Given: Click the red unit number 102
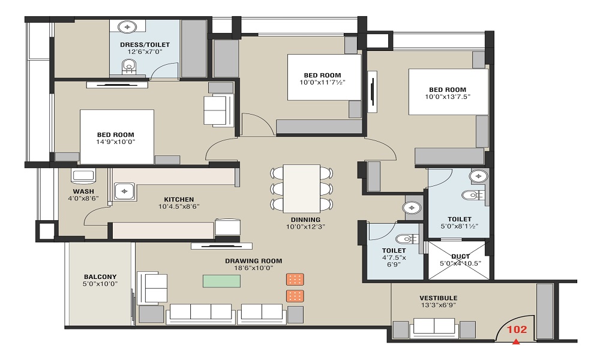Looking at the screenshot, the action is point(517,329).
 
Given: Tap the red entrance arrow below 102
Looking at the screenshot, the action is point(516,341).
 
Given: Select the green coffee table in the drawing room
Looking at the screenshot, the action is point(221,281).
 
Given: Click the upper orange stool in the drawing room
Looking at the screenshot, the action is point(295,279).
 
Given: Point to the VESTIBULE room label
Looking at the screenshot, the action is point(438,298).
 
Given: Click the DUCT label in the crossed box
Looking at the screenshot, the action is point(460,256).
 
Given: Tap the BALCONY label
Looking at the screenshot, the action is point(100,277).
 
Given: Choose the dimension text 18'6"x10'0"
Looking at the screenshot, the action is point(254,268).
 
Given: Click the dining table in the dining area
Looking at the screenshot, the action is point(302,188).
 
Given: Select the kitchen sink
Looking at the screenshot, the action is point(124,191).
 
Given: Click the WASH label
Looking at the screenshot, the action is point(83,191).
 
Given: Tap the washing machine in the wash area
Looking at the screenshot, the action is point(83,175).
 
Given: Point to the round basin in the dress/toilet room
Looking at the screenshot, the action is point(127,27).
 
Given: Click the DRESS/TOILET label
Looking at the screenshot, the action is point(145,44).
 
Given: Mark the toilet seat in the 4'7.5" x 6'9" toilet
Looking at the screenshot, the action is point(406,239).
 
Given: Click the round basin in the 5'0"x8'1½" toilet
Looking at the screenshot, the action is point(478,176).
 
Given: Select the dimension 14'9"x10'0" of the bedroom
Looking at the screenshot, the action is point(116,142).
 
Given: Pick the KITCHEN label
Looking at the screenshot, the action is point(179,199).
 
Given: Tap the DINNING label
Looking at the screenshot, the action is point(305,220).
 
